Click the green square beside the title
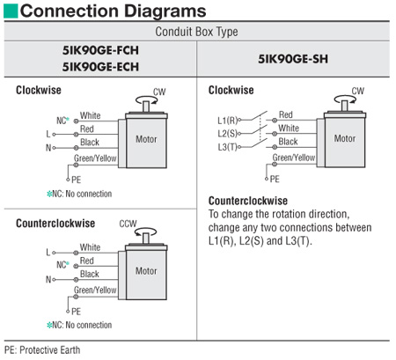tap(11, 11)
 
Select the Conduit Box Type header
tap(196, 32)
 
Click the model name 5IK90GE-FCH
tap(100, 50)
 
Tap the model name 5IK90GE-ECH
tap(100, 67)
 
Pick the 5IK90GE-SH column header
tap(293, 59)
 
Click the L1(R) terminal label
tap(227, 121)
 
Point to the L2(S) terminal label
tap(227, 134)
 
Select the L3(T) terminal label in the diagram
tap(227, 147)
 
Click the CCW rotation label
tap(128, 224)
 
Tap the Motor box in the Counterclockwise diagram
tap(146, 272)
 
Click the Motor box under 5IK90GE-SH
tap(345, 140)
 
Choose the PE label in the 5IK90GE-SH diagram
tap(275, 179)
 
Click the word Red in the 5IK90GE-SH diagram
tap(286, 114)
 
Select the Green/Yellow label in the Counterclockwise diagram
tap(95, 290)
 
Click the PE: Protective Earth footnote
tap(42, 350)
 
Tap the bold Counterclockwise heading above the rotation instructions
tap(248, 201)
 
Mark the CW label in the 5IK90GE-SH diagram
tap(358, 91)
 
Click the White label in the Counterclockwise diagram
tap(91, 247)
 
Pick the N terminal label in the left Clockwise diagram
tap(48, 148)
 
